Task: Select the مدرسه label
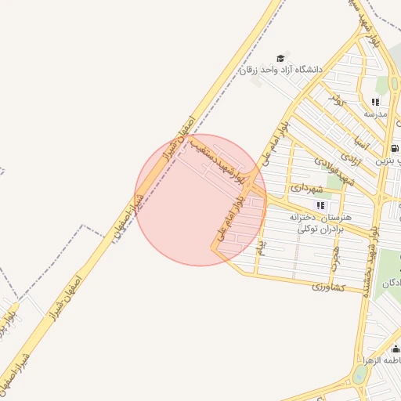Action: tap(376, 114)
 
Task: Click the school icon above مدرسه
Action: tap(376, 102)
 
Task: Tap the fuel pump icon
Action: tap(392, 147)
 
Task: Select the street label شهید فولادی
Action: tap(335, 171)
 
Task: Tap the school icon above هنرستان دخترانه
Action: tap(320, 205)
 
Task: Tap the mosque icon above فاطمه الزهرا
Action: tap(396, 349)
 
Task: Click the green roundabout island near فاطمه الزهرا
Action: tap(359, 374)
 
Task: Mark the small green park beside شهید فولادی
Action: tap(335, 182)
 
